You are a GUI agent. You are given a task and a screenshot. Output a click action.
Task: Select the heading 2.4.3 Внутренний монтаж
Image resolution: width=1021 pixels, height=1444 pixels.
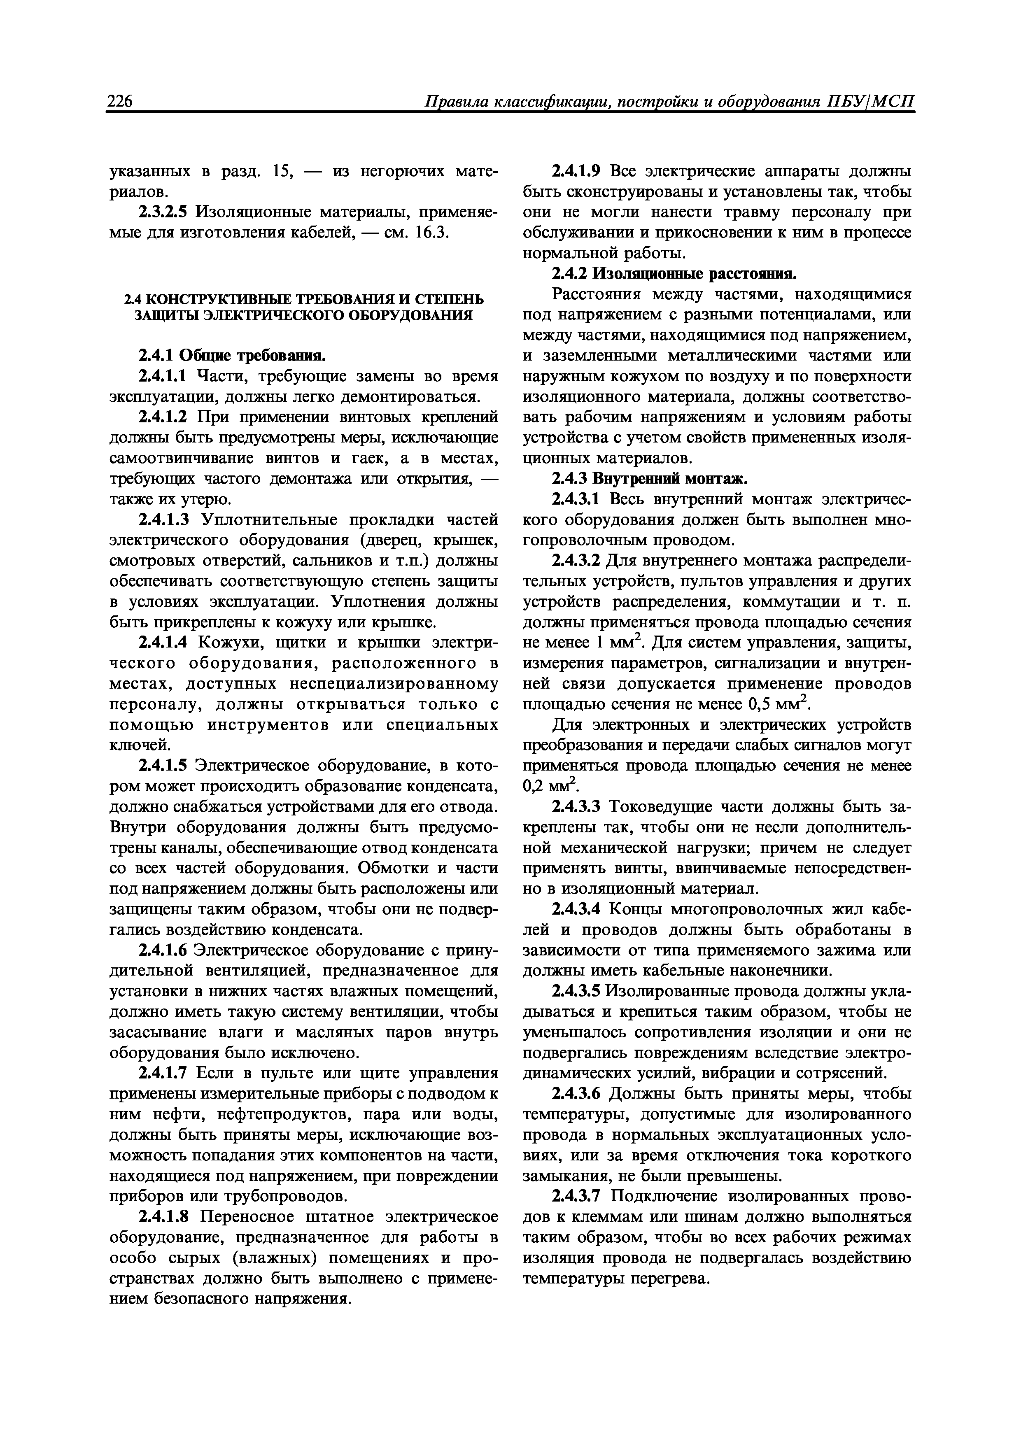[x=649, y=479]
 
